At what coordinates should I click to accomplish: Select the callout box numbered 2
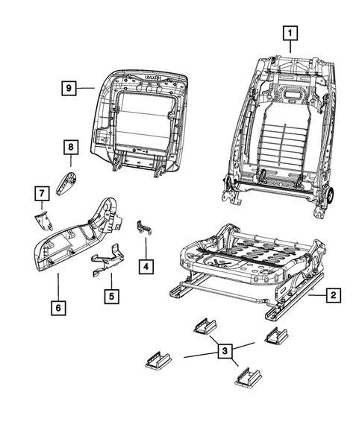coord(332,297)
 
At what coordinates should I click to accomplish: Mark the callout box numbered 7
coord(42,195)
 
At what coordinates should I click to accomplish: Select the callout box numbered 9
coord(69,88)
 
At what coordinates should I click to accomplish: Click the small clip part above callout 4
coord(144,229)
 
